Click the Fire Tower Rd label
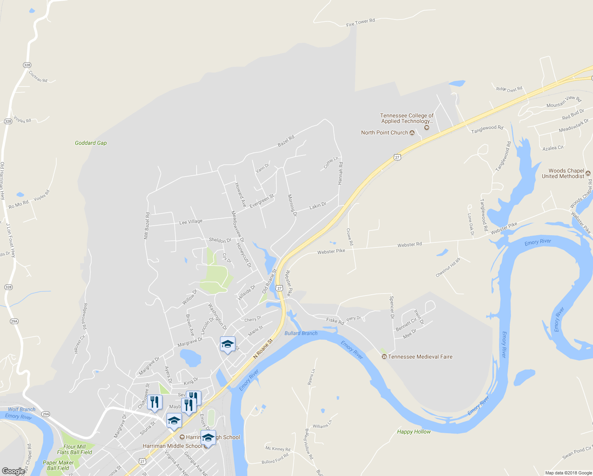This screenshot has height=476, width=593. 360,23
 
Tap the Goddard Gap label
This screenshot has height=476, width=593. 91,143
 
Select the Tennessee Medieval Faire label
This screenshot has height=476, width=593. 420,357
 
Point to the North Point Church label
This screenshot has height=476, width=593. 384,132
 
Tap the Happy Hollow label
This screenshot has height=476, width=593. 413,432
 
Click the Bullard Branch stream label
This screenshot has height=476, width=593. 301,333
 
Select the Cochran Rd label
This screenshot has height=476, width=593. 38,77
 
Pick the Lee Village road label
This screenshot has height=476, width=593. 191,222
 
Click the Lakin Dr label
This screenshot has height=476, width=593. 318,205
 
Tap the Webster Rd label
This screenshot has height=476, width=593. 409,245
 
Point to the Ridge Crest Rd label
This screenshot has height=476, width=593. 509,89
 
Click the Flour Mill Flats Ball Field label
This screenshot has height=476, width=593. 75,449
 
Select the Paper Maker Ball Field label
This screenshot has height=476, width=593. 58,465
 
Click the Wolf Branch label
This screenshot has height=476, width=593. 22,409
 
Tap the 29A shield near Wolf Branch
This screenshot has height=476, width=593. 46,414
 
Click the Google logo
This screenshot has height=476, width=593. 13,471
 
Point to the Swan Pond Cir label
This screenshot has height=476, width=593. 577,453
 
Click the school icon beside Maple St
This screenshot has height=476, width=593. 228,344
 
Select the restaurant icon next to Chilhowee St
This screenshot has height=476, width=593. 155,402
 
